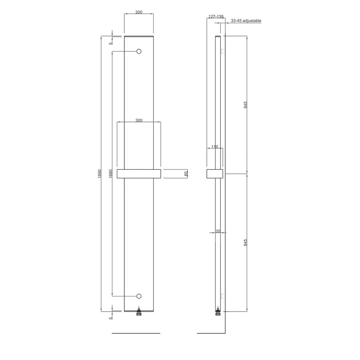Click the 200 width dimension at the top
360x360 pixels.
tap(139, 12)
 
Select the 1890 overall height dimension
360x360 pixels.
tap(100, 174)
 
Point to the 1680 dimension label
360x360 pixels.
tap(110, 174)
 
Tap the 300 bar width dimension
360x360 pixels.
tap(138, 120)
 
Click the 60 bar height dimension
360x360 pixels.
tap(186, 174)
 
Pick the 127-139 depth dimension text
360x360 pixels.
tap(216, 17)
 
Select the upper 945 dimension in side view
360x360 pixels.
tap(246, 105)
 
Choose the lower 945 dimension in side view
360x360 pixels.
tap(246, 242)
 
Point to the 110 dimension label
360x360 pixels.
tap(214, 147)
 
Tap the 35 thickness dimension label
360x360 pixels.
tap(218, 231)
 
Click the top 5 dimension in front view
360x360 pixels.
tap(111, 44)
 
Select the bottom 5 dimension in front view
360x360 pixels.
tap(111, 318)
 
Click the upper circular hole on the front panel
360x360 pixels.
tap(139, 52)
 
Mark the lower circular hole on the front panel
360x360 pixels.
tap(139, 296)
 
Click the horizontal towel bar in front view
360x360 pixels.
tap(138, 174)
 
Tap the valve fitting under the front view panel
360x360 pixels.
tap(139, 312)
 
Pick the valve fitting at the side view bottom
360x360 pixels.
tap(218, 312)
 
